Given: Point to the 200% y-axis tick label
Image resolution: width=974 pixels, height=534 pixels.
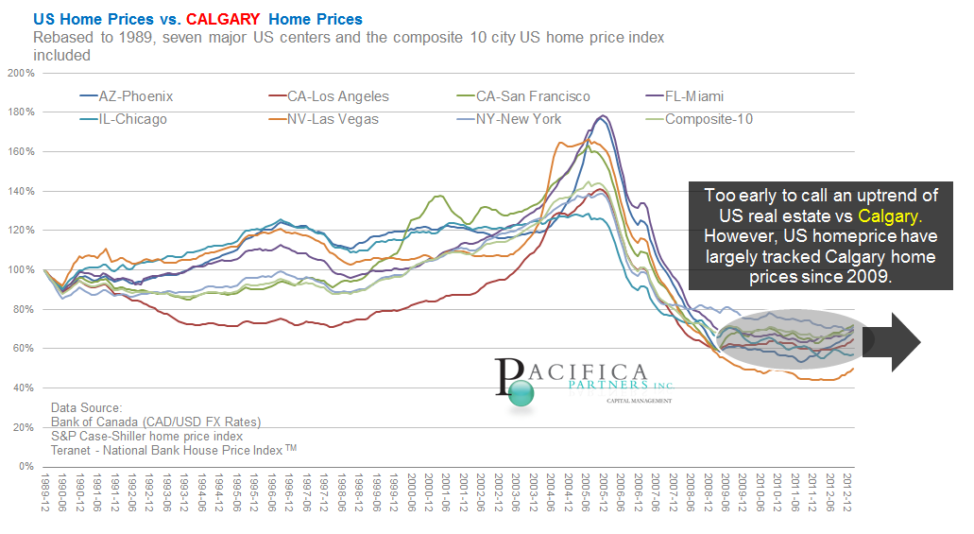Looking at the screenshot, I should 20,73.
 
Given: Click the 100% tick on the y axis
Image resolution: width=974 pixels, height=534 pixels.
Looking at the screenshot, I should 20,269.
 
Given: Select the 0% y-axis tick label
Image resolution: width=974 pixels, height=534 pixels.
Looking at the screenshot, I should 25,467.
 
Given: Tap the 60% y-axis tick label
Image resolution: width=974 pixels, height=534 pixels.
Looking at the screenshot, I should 22,349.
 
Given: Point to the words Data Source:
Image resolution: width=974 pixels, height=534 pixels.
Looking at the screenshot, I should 87,407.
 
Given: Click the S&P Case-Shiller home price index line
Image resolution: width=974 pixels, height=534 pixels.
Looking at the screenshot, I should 147,436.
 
